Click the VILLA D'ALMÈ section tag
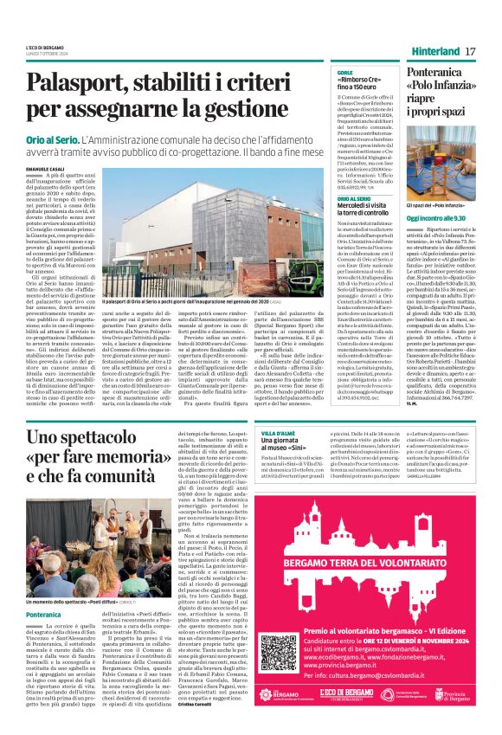click(x=279, y=431)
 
